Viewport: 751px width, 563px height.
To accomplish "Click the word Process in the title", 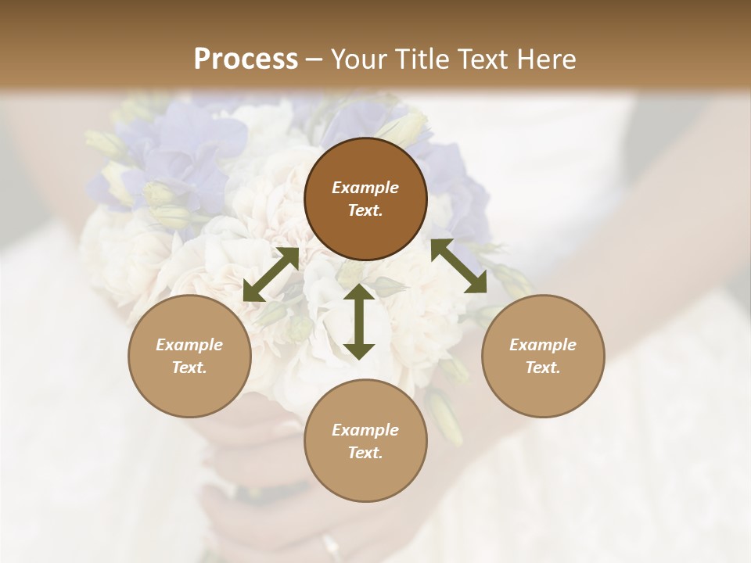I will point(246,59).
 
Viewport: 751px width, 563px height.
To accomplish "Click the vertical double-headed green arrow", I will point(359,321).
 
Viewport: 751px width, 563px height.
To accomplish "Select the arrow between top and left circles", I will point(271,274).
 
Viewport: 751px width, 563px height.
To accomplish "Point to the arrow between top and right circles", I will point(459,266).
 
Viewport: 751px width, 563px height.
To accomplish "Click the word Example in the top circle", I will point(365,188).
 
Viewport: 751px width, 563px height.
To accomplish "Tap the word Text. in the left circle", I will point(189,368).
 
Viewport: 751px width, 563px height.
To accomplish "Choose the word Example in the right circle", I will point(543,345).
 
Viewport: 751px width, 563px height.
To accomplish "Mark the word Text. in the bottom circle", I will point(365,453).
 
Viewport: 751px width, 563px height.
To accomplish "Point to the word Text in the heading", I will point(484,59).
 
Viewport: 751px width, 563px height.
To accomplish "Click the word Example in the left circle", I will point(189,345).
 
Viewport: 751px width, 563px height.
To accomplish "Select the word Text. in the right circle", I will point(543,368).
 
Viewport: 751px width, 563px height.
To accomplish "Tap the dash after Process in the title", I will point(314,60).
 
